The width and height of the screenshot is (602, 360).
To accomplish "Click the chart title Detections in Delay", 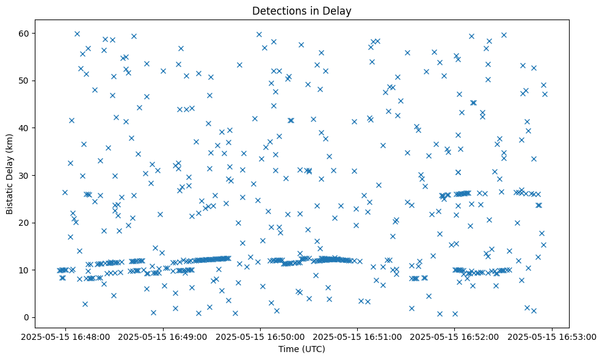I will pos(302,10).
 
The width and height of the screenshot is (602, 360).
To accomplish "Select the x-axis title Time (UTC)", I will pos(302,349).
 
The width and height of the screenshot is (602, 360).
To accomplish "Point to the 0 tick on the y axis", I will pos(26,317).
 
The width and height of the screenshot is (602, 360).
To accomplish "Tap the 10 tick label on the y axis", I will pos(24,270).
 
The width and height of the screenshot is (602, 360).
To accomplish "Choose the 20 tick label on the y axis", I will pos(24,223).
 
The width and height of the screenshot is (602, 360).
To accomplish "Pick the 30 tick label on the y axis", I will pos(24,175).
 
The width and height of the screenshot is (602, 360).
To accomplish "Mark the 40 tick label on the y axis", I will pos(24,128).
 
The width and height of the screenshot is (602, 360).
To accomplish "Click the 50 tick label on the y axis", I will pos(24,81).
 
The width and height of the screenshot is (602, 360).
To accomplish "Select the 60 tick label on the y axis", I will pos(24,33).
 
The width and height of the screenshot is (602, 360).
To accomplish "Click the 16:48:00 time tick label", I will pos(67,336).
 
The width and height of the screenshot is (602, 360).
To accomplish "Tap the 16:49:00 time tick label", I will pos(164,336).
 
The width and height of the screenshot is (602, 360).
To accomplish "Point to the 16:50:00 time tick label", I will pos(261,336).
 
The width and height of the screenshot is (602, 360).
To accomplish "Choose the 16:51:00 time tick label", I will pos(358,336).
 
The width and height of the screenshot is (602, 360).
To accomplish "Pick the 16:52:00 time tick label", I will pos(455,336).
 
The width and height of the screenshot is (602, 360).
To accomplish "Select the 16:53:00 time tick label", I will pos(552,336).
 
